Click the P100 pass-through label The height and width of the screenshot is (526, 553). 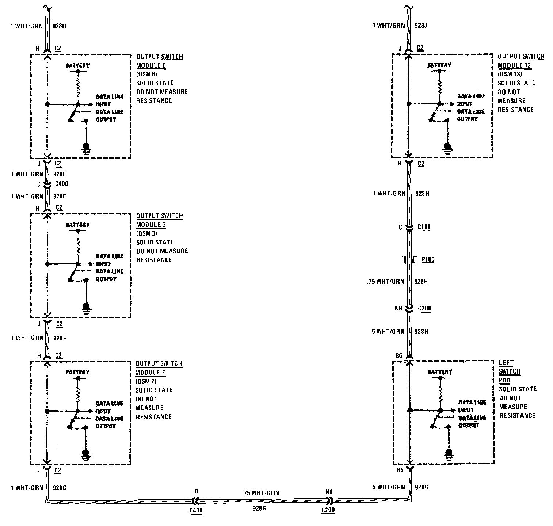tap(428, 260)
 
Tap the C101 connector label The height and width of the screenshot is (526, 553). tap(424, 227)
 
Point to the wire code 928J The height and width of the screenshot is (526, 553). tap(421, 26)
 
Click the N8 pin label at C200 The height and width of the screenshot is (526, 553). tap(398, 308)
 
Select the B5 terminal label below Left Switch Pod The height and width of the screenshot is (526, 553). tap(400, 470)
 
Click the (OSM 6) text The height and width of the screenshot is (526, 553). tap(147, 74)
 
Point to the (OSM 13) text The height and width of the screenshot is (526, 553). tap(510, 74)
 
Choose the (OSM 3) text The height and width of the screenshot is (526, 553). tap(147, 233)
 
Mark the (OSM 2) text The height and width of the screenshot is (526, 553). tap(146, 381)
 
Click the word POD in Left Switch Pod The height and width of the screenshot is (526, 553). tap(504, 380)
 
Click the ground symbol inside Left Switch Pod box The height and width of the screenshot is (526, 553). tap(449, 453)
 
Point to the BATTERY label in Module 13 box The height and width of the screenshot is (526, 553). tap(439, 65)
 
